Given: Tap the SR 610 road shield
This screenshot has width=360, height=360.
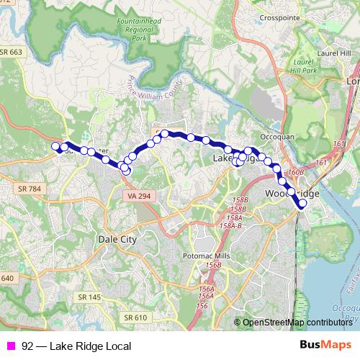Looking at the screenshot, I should tap(135, 317).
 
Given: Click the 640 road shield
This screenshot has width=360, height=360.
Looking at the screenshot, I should tap(7, 278).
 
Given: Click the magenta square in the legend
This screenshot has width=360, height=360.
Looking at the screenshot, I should tap(11, 346).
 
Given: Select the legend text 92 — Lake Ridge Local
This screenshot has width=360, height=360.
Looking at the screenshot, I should tap(72, 346).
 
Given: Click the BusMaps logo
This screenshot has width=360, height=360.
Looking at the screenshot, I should tap(325, 346).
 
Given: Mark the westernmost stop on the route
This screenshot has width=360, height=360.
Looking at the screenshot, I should tap(55, 147).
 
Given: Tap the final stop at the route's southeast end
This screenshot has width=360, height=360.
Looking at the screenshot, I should tap(302, 204).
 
